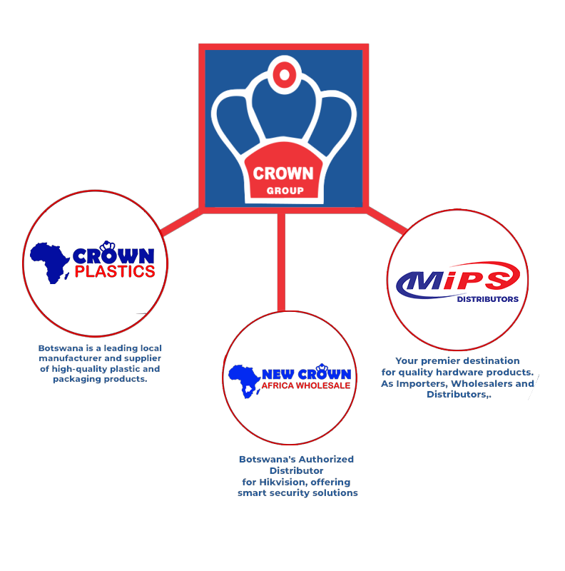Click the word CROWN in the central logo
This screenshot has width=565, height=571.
point(283,173)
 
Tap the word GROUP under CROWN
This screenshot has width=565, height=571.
point(285,191)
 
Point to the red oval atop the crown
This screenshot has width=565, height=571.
point(284,74)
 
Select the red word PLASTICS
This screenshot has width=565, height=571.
point(115,272)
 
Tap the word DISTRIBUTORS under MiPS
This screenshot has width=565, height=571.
point(487,299)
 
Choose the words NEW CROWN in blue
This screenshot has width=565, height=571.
point(306,374)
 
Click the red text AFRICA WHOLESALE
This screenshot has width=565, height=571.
point(306,385)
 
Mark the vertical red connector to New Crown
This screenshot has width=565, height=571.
point(281,261)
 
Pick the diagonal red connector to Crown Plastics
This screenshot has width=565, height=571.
point(181,222)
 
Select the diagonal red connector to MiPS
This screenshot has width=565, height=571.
point(388,220)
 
